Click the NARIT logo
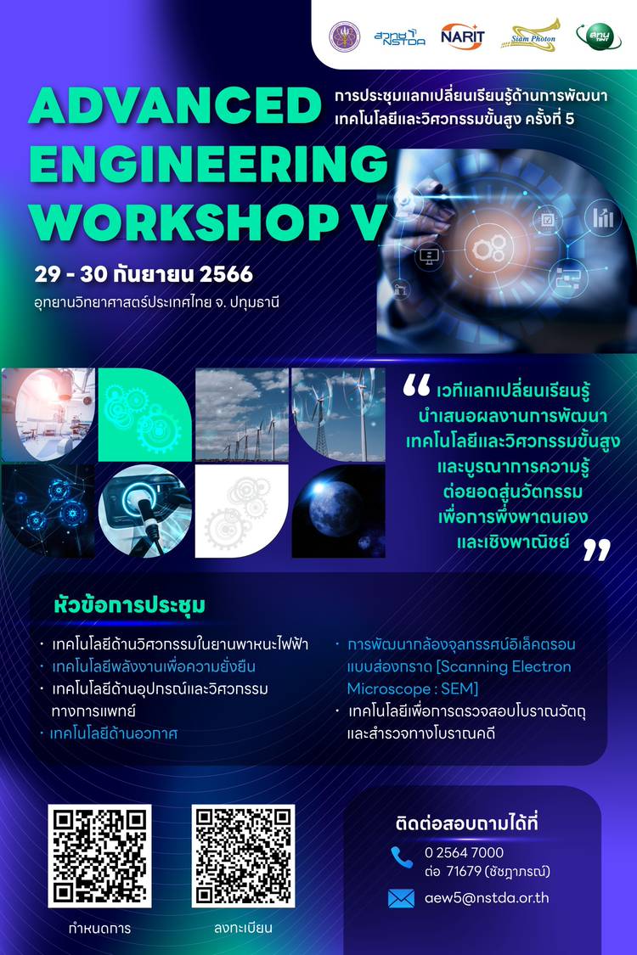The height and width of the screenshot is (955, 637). [x=462, y=37]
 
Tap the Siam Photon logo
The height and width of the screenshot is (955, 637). [x=530, y=36]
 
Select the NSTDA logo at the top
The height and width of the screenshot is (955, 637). [x=399, y=37]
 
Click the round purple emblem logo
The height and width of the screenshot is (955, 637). [x=345, y=37]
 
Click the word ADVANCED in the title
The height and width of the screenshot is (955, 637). [x=175, y=104]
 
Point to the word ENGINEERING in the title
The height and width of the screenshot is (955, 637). [x=208, y=164]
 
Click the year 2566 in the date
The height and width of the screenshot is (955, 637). [x=226, y=274]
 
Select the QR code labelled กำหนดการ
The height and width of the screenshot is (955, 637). [x=100, y=856]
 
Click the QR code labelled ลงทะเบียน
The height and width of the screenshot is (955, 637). [x=243, y=856]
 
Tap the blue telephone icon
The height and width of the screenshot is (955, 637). [x=402, y=857]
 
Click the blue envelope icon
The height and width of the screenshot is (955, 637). [x=401, y=898]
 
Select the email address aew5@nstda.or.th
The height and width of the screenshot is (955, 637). [x=487, y=898]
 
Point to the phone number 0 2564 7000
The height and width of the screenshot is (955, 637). [x=464, y=852]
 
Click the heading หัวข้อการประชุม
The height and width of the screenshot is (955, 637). [x=129, y=605]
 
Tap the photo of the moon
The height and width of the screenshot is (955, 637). [x=338, y=511]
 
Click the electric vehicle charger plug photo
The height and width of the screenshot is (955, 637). [x=145, y=511]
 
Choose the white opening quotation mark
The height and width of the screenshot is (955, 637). [x=417, y=385]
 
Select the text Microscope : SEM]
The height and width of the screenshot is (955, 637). [x=413, y=688]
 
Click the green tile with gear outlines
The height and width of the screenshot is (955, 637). [x=145, y=414]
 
